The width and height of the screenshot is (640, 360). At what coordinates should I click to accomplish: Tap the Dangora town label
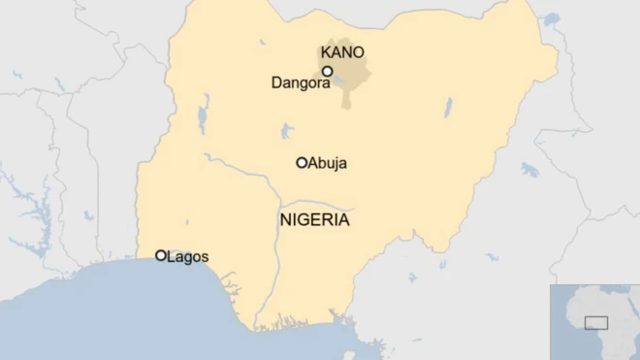click(300, 83)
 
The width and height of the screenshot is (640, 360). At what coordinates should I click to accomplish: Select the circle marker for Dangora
click(328, 71)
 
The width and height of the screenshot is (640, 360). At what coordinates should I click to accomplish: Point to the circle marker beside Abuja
click(302, 162)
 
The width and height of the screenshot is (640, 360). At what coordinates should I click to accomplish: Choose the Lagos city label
click(187, 257)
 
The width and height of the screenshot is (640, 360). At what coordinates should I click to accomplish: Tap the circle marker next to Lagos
click(161, 255)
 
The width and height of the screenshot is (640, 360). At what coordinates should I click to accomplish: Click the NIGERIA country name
click(314, 220)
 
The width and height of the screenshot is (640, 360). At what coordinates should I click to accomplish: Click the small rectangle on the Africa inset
click(595, 321)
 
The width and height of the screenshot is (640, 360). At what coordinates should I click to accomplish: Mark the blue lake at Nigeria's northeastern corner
click(551, 18)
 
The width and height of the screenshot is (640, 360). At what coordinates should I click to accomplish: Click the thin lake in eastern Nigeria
click(448, 106)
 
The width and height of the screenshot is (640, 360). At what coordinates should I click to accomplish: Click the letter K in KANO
click(326, 52)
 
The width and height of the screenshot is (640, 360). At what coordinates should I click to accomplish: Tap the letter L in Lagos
click(172, 257)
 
